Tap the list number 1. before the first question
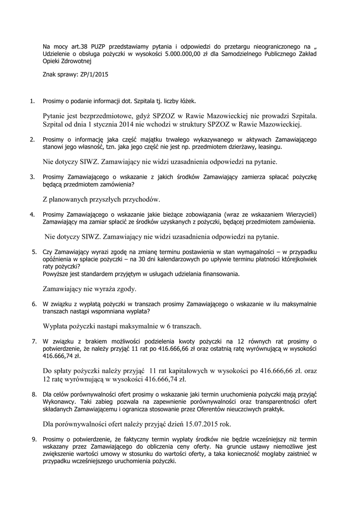[32, 102]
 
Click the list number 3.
[32, 176]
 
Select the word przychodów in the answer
[142, 200]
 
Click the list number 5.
[34, 252]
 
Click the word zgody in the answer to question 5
[126, 289]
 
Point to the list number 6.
[34, 304]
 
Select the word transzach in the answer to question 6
[184, 326]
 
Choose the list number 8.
[34, 394]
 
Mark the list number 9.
[34, 439]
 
